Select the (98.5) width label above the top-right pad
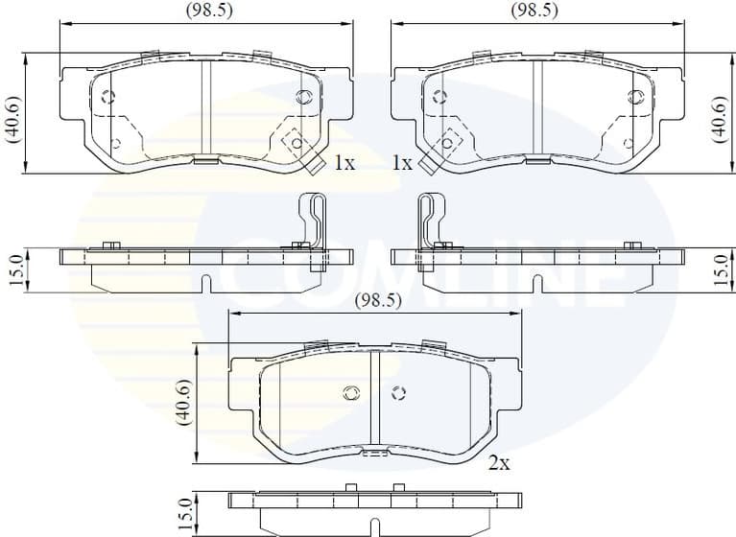(534, 12)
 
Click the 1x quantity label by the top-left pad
(344, 164)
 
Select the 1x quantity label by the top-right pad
(403, 164)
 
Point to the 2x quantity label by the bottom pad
(497, 463)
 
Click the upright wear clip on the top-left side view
(313, 219)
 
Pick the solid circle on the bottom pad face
(350, 392)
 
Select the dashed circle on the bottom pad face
(400, 392)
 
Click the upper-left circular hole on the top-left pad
(107, 96)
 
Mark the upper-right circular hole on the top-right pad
(633, 96)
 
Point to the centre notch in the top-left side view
(207, 282)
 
